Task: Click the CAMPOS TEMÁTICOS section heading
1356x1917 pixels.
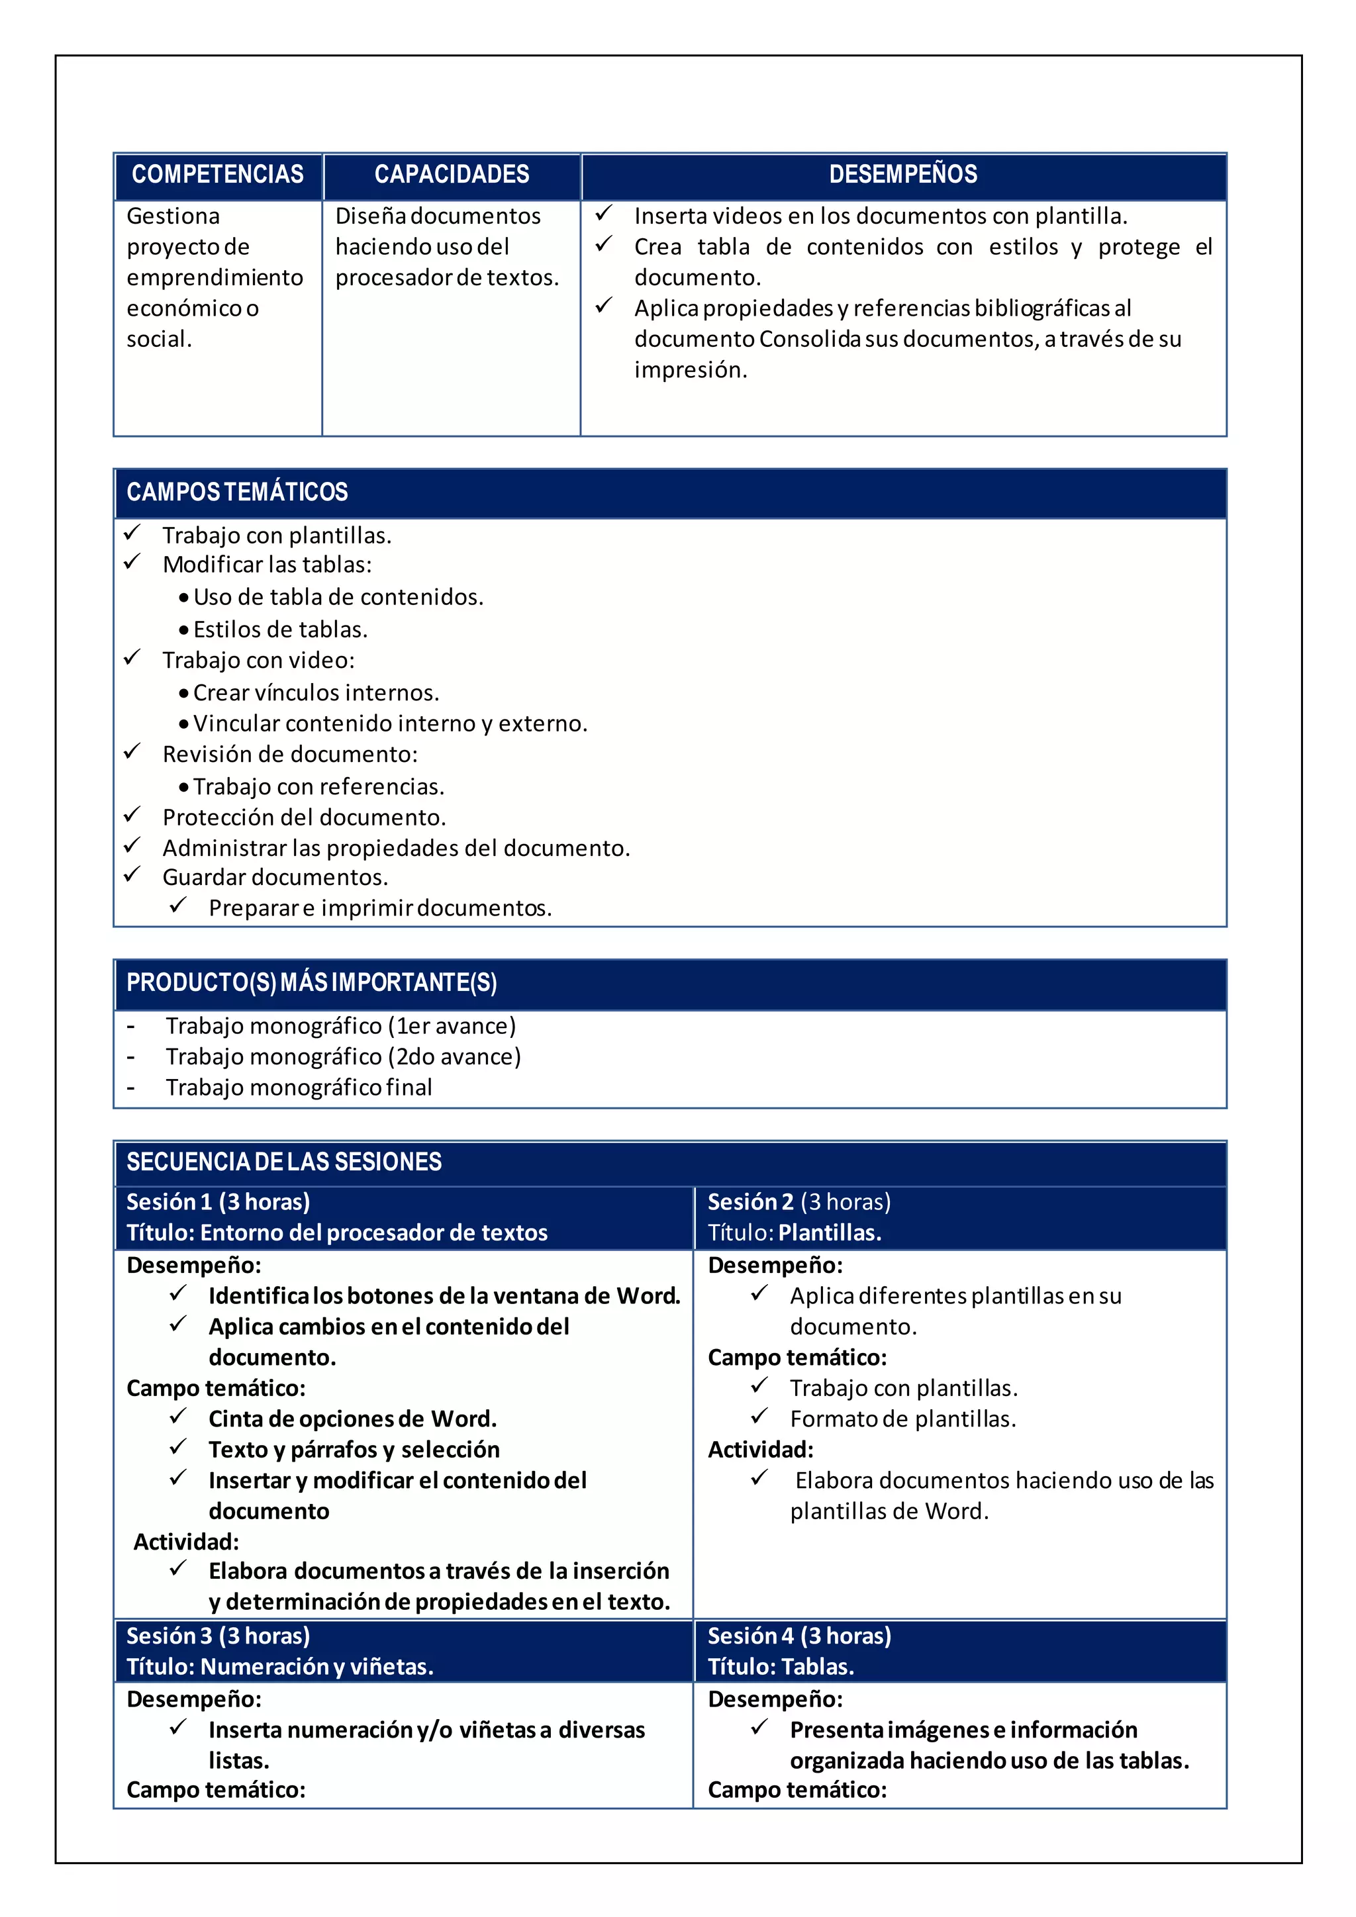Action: click(x=237, y=492)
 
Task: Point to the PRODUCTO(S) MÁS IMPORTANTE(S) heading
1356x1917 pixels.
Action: click(x=311, y=983)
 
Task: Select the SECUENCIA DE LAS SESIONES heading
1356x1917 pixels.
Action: click(x=284, y=1162)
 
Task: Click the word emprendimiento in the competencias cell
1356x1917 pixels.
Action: click(x=215, y=277)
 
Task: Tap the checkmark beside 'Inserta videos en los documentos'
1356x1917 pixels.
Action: click(x=604, y=214)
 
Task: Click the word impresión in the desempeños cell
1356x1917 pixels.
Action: click(x=691, y=370)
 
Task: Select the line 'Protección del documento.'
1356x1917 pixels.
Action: click(x=304, y=818)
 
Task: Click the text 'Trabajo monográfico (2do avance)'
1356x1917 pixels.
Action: click(x=342, y=1057)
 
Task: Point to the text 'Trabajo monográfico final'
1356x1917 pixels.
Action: click(x=298, y=1088)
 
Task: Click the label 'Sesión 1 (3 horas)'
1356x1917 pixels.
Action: click(x=218, y=1202)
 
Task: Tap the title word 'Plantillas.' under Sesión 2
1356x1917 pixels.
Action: click(x=830, y=1233)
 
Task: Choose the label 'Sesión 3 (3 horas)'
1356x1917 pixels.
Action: click(x=218, y=1636)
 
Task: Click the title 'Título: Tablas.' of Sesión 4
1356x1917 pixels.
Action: click(x=781, y=1667)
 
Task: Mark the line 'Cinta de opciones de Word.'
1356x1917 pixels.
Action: click(x=352, y=1419)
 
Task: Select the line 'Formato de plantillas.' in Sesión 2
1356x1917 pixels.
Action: click(x=902, y=1419)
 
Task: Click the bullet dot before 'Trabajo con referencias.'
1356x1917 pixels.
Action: click(x=183, y=787)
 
